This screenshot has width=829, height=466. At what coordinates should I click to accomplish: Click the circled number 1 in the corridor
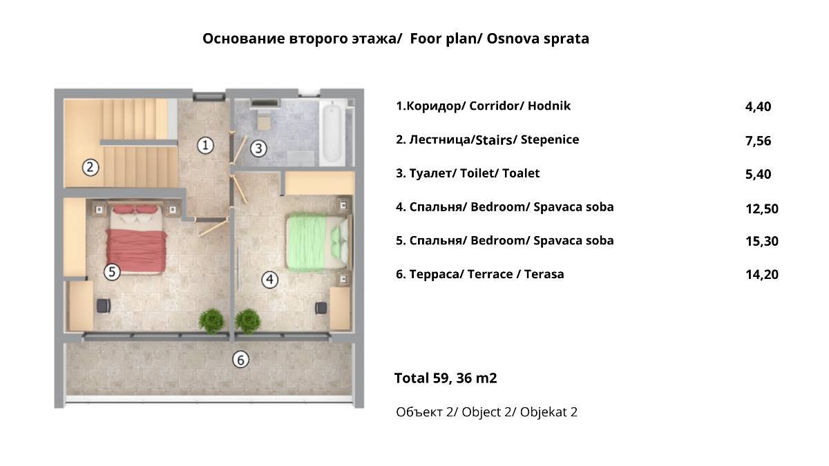click(x=205, y=146)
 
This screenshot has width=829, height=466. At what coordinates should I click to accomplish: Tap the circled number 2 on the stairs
click(x=90, y=168)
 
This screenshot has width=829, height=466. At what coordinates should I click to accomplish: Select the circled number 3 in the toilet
click(x=258, y=148)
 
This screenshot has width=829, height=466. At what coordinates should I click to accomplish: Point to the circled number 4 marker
click(x=270, y=280)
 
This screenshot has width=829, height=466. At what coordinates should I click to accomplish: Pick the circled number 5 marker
click(x=112, y=272)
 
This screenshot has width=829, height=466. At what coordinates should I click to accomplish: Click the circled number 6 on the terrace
click(x=240, y=360)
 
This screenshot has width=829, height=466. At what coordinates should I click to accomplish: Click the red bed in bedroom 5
click(x=136, y=239)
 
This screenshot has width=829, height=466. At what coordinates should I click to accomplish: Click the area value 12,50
click(x=761, y=209)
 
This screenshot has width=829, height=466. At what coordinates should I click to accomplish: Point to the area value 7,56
click(x=758, y=141)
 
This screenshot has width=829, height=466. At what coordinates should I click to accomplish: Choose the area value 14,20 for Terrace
click(x=761, y=275)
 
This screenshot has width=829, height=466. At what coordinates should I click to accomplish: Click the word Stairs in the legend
click(x=494, y=140)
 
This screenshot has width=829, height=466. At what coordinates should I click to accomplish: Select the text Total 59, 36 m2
click(x=446, y=378)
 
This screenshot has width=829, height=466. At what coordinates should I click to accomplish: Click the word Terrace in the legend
click(x=490, y=275)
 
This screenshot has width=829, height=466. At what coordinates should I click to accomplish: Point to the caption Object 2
click(x=486, y=412)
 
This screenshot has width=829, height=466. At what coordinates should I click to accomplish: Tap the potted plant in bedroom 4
click(x=247, y=321)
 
